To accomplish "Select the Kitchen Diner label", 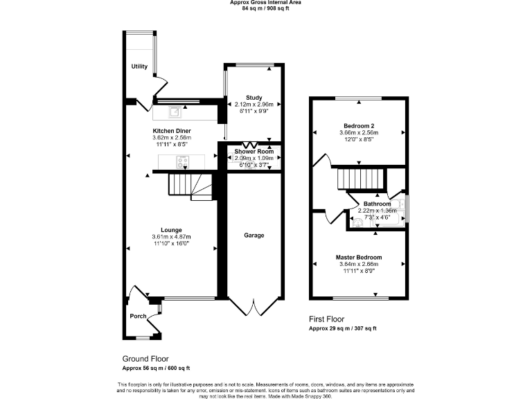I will click(x=172, y=131).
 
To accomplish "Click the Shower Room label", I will click(x=254, y=151).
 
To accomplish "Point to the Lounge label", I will click(x=171, y=230).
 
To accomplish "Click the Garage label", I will click(x=254, y=236).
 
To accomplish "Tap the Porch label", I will click(x=138, y=316).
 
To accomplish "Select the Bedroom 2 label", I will click(x=358, y=125).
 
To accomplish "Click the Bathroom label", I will click(x=377, y=204).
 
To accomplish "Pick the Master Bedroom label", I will click(x=358, y=257).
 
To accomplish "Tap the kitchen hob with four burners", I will click(x=184, y=162).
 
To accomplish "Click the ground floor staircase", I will click(x=191, y=186).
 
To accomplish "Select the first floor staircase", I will click(x=358, y=179).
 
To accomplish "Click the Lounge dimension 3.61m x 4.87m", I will click(x=171, y=237).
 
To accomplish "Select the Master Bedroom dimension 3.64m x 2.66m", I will click(x=358, y=264).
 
